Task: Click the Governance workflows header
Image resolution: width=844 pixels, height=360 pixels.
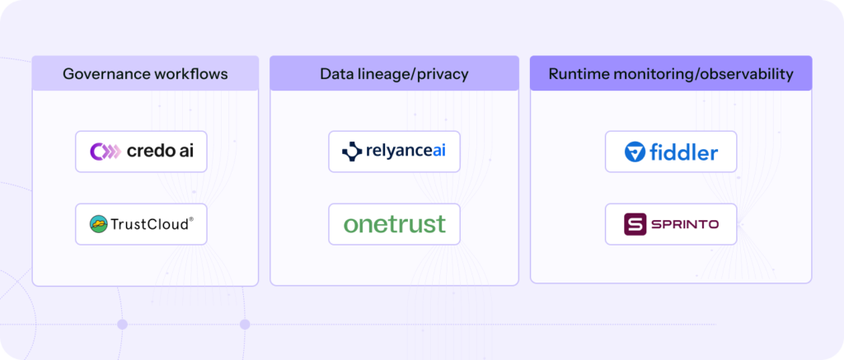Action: click(145, 74)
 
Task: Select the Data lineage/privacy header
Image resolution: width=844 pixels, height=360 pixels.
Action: click(394, 74)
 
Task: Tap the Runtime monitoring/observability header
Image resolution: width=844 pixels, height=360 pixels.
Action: click(670, 74)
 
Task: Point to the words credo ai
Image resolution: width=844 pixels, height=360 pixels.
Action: click(160, 152)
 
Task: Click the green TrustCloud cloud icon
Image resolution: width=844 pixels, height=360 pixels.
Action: click(99, 223)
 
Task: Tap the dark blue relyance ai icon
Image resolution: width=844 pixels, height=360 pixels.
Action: click(352, 152)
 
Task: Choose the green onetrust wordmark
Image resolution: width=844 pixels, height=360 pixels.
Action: click(394, 223)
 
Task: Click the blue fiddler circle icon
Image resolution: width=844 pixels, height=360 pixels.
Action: click(634, 152)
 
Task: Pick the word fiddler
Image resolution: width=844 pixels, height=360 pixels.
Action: click(684, 152)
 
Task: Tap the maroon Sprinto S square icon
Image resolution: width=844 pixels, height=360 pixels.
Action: click(635, 224)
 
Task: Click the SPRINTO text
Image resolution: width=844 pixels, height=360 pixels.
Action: click(683, 224)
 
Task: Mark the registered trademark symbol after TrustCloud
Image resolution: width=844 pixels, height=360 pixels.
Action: click(192, 219)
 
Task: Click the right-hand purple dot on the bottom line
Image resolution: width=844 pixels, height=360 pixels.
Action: click(245, 325)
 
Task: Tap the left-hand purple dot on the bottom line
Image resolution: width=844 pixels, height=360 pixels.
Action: click(122, 325)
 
